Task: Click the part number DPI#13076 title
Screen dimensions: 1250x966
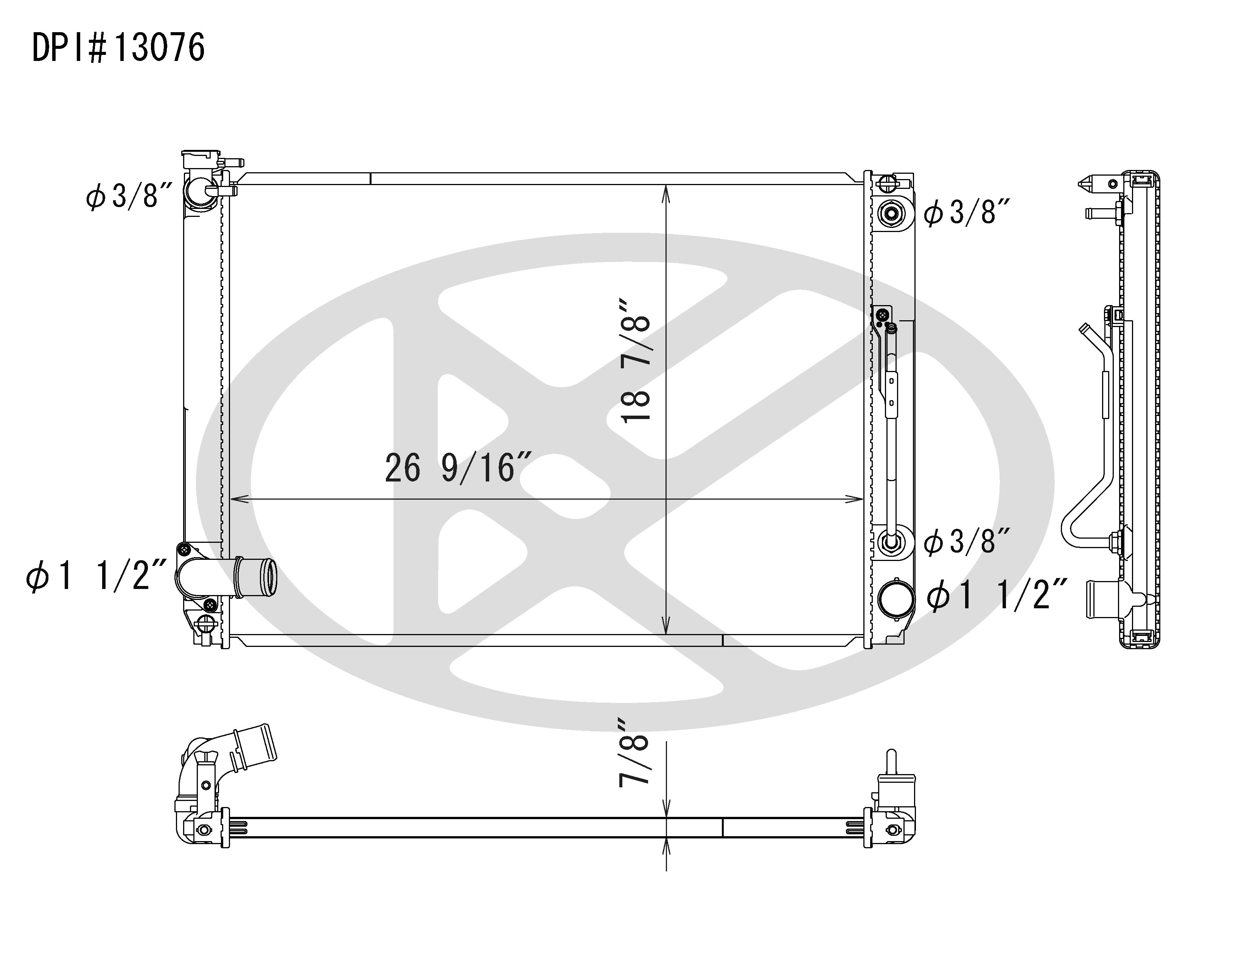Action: click(x=118, y=48)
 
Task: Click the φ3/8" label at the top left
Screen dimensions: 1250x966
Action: click(x=129, y=196)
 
